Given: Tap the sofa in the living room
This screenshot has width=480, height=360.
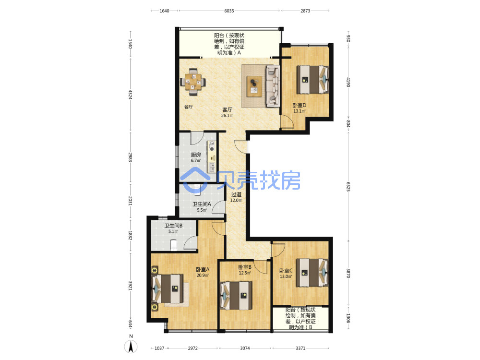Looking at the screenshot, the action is click(273, 86).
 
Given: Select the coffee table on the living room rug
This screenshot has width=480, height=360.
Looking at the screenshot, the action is click(254, 86).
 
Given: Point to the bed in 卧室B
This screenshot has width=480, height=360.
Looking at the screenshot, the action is click(236, 295).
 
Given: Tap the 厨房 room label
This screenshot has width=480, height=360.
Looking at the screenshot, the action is click(196, 155).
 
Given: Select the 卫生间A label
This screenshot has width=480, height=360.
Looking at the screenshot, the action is click(202, 204).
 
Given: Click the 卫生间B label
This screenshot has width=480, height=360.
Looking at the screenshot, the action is click(174, 226).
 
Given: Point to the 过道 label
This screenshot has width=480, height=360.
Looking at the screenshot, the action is click(236, 194).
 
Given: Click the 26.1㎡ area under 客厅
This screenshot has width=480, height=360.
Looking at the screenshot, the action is click(227, 115).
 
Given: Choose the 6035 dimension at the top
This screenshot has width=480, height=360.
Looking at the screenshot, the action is click(229, 11).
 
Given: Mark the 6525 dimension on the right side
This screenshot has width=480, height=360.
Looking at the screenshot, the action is click(348, 186).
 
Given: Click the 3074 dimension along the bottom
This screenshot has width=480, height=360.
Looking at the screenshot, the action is click(245, 348).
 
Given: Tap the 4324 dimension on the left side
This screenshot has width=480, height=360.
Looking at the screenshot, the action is click(130, 94).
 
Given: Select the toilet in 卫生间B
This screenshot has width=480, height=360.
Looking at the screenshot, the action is click(173, 245).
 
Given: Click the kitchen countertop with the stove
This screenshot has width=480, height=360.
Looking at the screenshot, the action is click(212, 156).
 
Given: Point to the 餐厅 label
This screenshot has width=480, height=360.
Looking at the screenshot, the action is click(189, 107).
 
